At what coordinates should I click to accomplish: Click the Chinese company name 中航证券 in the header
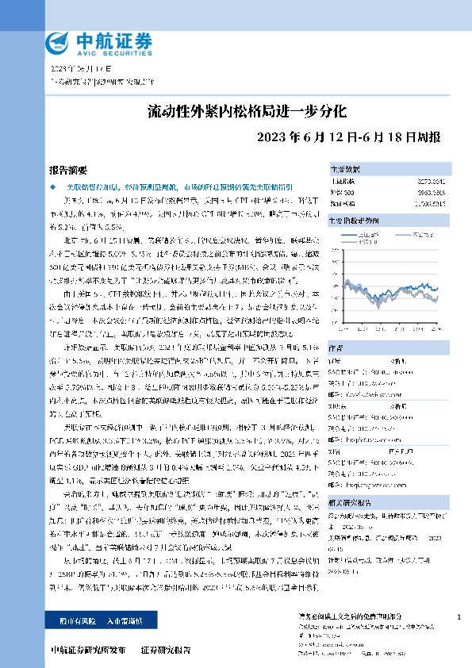point(103,40)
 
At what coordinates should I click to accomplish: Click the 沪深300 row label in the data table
point(343,193)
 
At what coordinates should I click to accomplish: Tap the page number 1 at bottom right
point(459,616)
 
